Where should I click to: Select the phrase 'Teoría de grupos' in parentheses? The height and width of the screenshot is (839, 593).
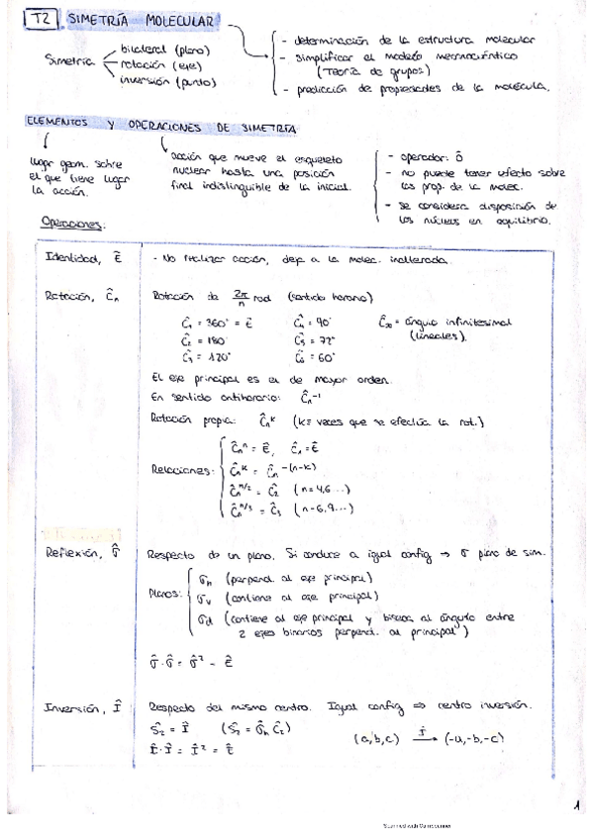(374, 71)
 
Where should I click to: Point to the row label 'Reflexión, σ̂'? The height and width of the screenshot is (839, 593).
(82, 557)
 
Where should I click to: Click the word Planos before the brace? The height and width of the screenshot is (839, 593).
(163, 596)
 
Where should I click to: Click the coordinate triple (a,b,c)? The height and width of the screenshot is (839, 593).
(378, 739)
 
